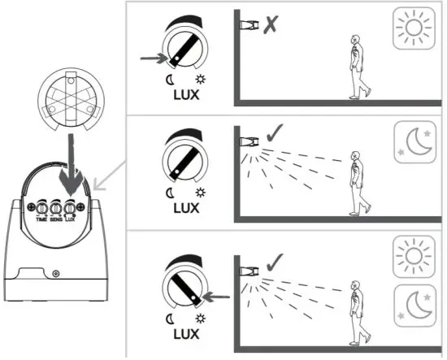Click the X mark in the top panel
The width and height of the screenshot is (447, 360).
[271, 25]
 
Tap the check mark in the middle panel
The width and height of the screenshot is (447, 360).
[273, 133]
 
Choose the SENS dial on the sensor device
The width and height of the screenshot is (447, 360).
[57, 209]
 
